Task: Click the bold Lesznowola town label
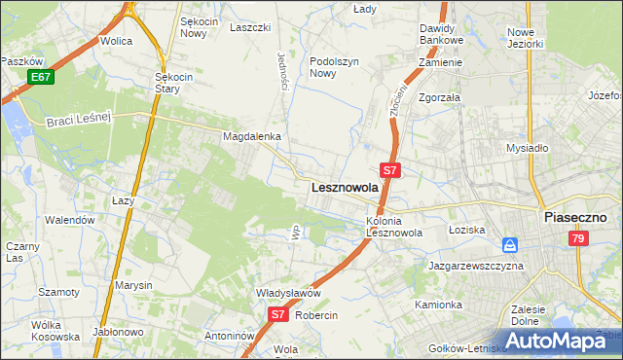coord(344,188)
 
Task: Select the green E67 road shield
coord(40,77)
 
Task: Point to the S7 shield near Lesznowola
coord(389,169)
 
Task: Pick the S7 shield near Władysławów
coord(277,314)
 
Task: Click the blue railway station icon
coord(510,244)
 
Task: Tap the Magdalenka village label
coord(252,137)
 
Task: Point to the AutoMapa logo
coord(555,341)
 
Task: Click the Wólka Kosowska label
coord(55,330)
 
